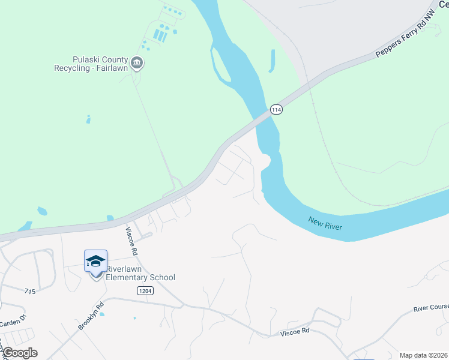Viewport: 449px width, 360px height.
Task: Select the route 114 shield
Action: click(276, 109)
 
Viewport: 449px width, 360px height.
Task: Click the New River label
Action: click(325, 223)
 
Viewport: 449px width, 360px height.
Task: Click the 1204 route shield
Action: click(144, 290)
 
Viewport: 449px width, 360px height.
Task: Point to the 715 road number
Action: click(31, 291)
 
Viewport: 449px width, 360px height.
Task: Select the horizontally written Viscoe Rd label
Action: click(295, 331)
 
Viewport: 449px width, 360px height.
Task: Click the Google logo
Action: click(20, 353)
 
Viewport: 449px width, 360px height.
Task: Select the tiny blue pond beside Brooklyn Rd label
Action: click(103, 314)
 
